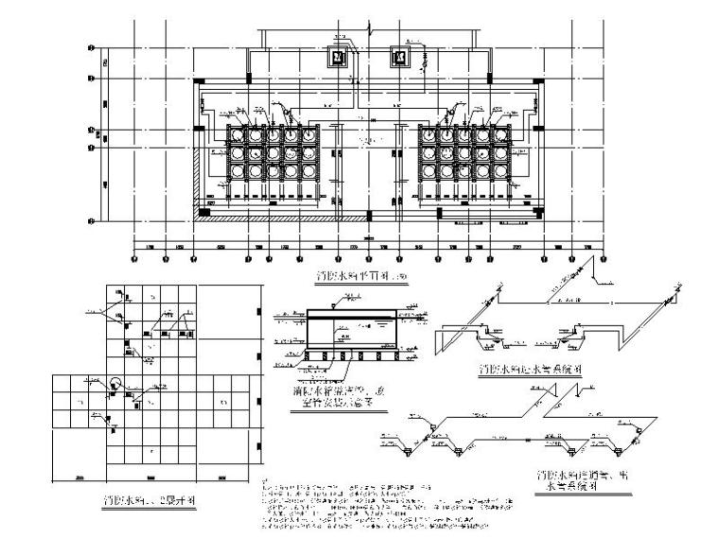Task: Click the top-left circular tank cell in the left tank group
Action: tap(234, 135)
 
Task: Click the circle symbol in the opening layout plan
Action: tap(114, 383)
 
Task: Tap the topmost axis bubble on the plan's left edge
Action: tap(90, 45)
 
